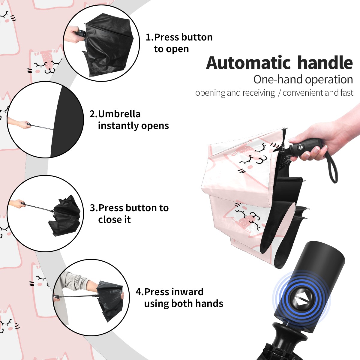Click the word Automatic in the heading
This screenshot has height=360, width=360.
(248, 63)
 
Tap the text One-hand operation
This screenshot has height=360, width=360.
(303, 80)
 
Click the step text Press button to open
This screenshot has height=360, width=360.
(179, 43)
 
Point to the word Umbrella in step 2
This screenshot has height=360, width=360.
(119, 114)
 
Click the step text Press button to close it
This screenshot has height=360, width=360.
(129, 213)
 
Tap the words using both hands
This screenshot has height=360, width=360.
(184, 303)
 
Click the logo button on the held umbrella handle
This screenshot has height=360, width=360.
(300, 147)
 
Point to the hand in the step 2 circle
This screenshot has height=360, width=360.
(26, 124)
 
